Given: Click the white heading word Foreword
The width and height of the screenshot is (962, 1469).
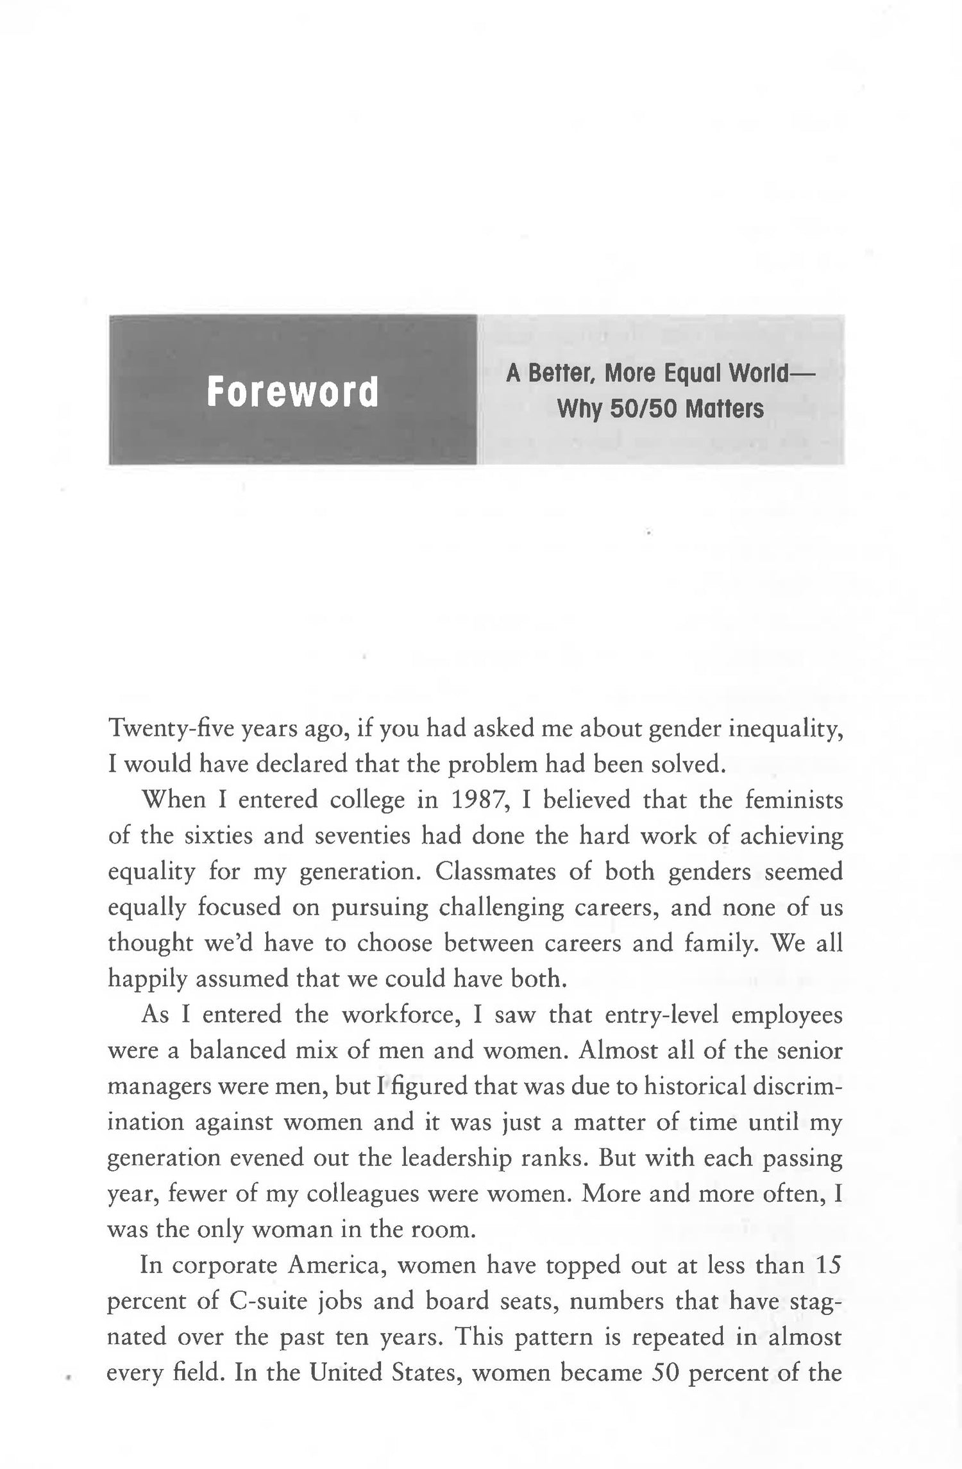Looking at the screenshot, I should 292,392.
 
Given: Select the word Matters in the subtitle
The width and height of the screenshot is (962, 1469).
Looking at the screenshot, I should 724,408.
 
